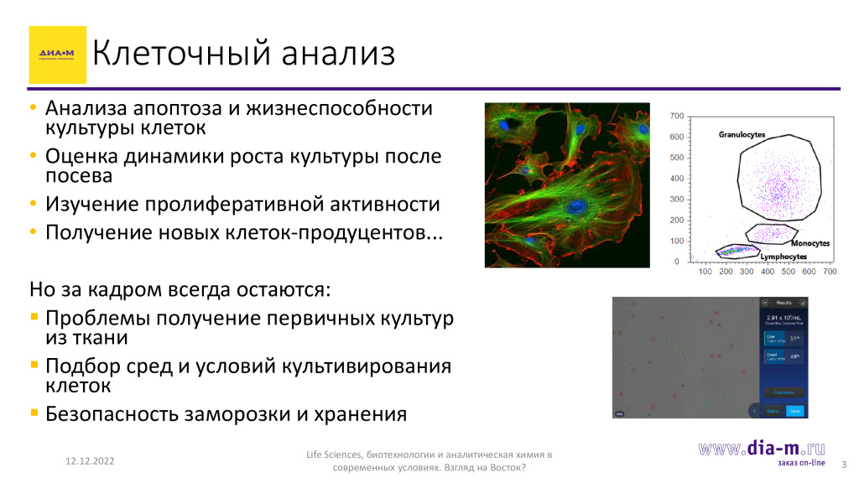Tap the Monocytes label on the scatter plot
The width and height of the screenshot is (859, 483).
tap(810, 242)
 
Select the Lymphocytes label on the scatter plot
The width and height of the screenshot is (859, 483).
tap(784, 257)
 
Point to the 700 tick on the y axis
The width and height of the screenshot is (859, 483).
tap(677, 116)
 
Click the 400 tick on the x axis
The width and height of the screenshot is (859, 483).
tap(768, 273)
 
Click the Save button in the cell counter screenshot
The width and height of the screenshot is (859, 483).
tap(794, 411)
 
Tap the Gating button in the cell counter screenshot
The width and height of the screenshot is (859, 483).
tap(773, 411)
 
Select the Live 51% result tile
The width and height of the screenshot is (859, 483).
tap(783, 338)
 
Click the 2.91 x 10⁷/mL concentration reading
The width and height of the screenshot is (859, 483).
tap(783, 319)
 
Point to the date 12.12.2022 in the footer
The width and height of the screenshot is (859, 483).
tap(91, 462)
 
